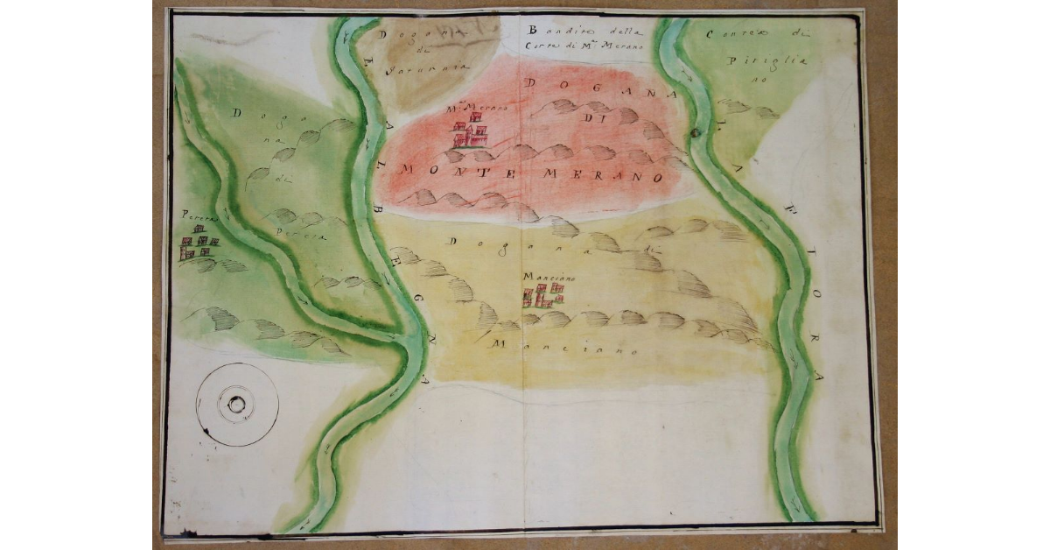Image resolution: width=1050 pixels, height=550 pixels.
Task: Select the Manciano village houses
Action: tap(542, 295)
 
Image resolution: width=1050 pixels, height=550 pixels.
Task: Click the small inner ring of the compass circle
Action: tap(236, 405)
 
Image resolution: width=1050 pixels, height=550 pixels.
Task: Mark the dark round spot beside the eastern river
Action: tap(696, 133)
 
